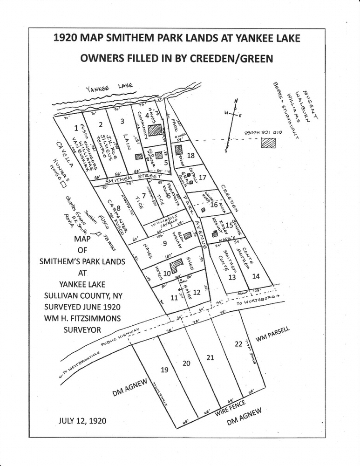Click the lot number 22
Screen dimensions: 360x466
pos(238,344)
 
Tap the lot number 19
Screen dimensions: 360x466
pos(164,370)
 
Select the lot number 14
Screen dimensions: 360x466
pos(256,276)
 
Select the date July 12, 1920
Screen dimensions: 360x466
pos(82,420)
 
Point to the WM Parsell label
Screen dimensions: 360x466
pos(273,336)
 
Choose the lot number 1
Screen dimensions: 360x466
pos(76,129)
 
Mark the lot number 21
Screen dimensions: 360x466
pos(210,357)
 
